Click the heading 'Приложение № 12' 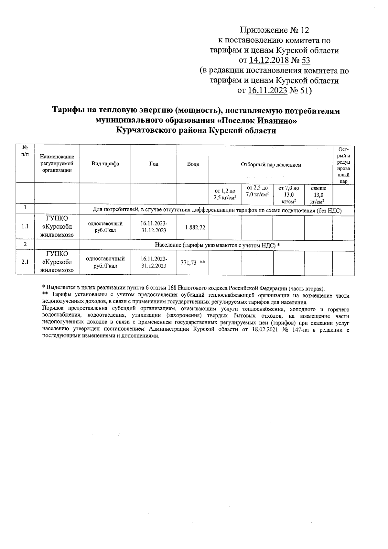click(x=274, y=30)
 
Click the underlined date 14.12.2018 click(x=268, y=60)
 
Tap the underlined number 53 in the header click(x=306, y=60)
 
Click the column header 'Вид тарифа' click(x=105, y=164)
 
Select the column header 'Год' click(x=154, y=164)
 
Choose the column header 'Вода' click(x=193, y=164)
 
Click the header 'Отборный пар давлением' click(x=271, y=165)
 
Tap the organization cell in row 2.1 click(x=57, y=262)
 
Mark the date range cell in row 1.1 click(x=154, y=227)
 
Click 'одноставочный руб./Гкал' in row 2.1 click(x=105, y=262)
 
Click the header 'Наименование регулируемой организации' click(x=57, y=163)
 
